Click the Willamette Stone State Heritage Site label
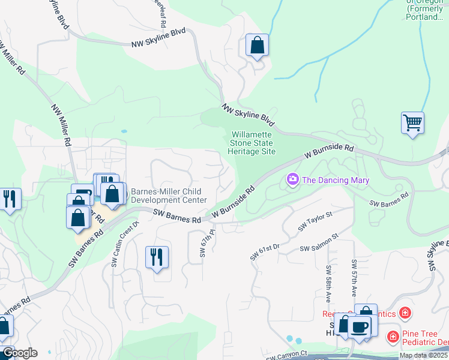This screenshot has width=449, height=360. pos(251,143)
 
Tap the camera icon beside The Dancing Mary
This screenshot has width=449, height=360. pos(293,179)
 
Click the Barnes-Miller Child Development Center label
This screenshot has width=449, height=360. pos(169,196)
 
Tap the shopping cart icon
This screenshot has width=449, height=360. pos(412,123)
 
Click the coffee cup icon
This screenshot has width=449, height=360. pos(360,326)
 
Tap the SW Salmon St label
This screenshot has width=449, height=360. pos(319,245)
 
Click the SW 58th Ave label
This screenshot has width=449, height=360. pos(329,279)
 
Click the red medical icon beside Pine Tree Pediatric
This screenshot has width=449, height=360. pos(393,338)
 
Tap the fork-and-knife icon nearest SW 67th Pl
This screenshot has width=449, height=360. pos(157,257)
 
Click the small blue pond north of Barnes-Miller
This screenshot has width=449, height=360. pos(124,131)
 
